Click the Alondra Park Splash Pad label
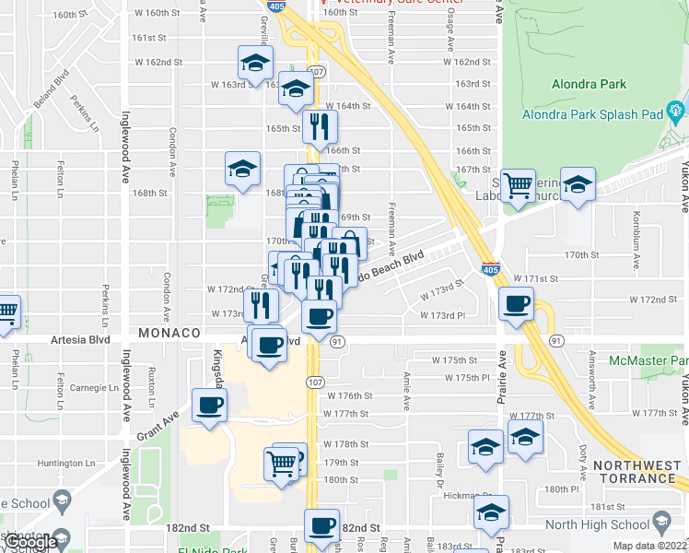click(x=592, y=115)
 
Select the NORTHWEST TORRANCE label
click(x=635, y=471)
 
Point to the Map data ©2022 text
click(x=649, y=547)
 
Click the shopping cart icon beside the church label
click(x=518, y=185)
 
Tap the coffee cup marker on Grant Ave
click(x=209, y=405)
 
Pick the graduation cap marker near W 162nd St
click(x=254, y=63)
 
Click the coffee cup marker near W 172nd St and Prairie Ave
click(x=516, y=303)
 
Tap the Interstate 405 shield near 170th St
click(x=491, y=267)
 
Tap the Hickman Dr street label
click(x=462, y=496)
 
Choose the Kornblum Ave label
click(x=636, y=230)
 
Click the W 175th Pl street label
click(x=466, y=378)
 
